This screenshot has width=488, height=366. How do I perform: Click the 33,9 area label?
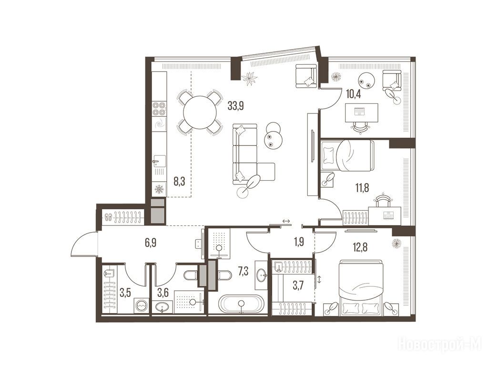[235, 106]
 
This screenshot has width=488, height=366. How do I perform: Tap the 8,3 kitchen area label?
[179, 182]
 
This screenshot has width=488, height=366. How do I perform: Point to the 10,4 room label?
[353, 94]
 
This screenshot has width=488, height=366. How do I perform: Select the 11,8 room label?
[363, 188]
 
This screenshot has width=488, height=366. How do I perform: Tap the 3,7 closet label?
[298, 286]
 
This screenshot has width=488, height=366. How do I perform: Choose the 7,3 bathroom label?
[243, 272]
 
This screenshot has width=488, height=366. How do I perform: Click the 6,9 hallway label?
[150, 243]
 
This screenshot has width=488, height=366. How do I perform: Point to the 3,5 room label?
[125, 293]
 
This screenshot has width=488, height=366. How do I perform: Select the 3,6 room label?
[162, 293]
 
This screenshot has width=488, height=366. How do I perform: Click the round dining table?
[200, 112]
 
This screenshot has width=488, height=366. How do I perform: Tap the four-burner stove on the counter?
[159, 109]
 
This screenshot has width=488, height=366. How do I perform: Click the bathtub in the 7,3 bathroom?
[241, 304]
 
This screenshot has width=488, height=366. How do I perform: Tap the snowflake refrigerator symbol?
[159, 189]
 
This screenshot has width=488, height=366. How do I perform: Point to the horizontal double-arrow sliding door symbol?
[286, 221]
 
